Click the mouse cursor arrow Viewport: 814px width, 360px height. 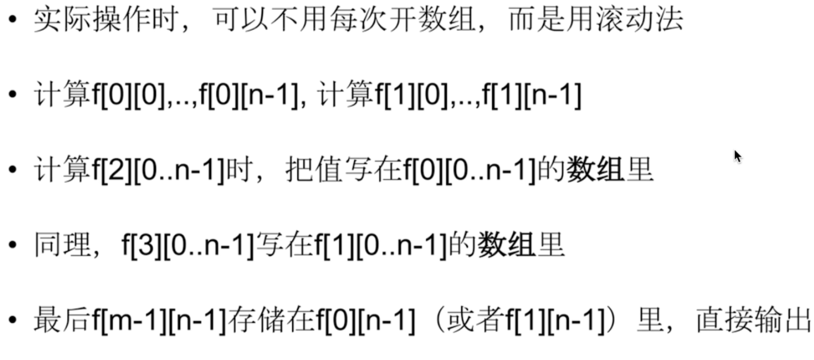pyautogui.click(x=737, y=156)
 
